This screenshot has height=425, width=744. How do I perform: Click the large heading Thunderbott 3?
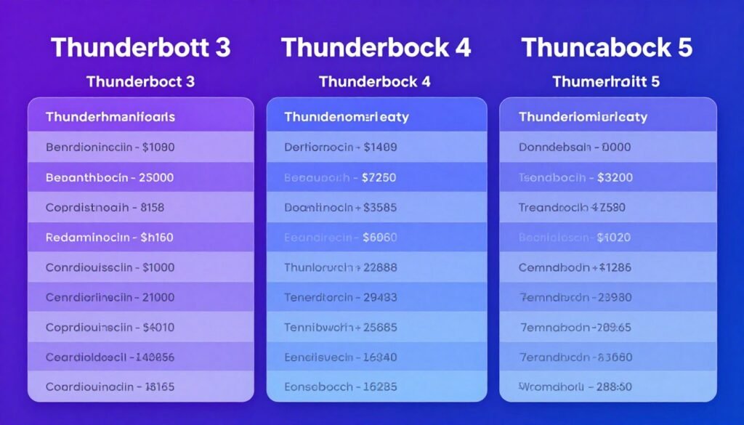pos(141,48)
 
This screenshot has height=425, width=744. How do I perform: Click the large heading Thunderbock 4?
pos(376,48)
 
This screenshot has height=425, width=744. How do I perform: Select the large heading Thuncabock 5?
pos(607,48)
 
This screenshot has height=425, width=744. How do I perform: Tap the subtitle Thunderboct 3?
pos(141,81)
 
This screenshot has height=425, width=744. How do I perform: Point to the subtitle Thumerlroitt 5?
pos(606,81)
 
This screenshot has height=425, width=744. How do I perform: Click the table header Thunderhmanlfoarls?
pos(110,116)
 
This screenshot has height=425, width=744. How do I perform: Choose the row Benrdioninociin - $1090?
pos(110,147)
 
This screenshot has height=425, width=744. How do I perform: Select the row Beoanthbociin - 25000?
pos(110,177)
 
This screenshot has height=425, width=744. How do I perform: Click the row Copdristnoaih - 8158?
pos(105,207)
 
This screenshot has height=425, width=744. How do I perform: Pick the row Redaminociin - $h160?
pos(110,237)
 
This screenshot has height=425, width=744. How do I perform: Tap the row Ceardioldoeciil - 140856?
pos(110,357)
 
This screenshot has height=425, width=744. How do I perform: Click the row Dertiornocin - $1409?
pos(341,147)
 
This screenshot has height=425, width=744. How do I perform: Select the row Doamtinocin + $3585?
pos(341,207)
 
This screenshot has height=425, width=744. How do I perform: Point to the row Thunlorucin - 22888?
pos(341,267)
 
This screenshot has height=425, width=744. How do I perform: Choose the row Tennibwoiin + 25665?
pos(341,327)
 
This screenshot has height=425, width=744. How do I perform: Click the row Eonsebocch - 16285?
pos(341,386)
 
